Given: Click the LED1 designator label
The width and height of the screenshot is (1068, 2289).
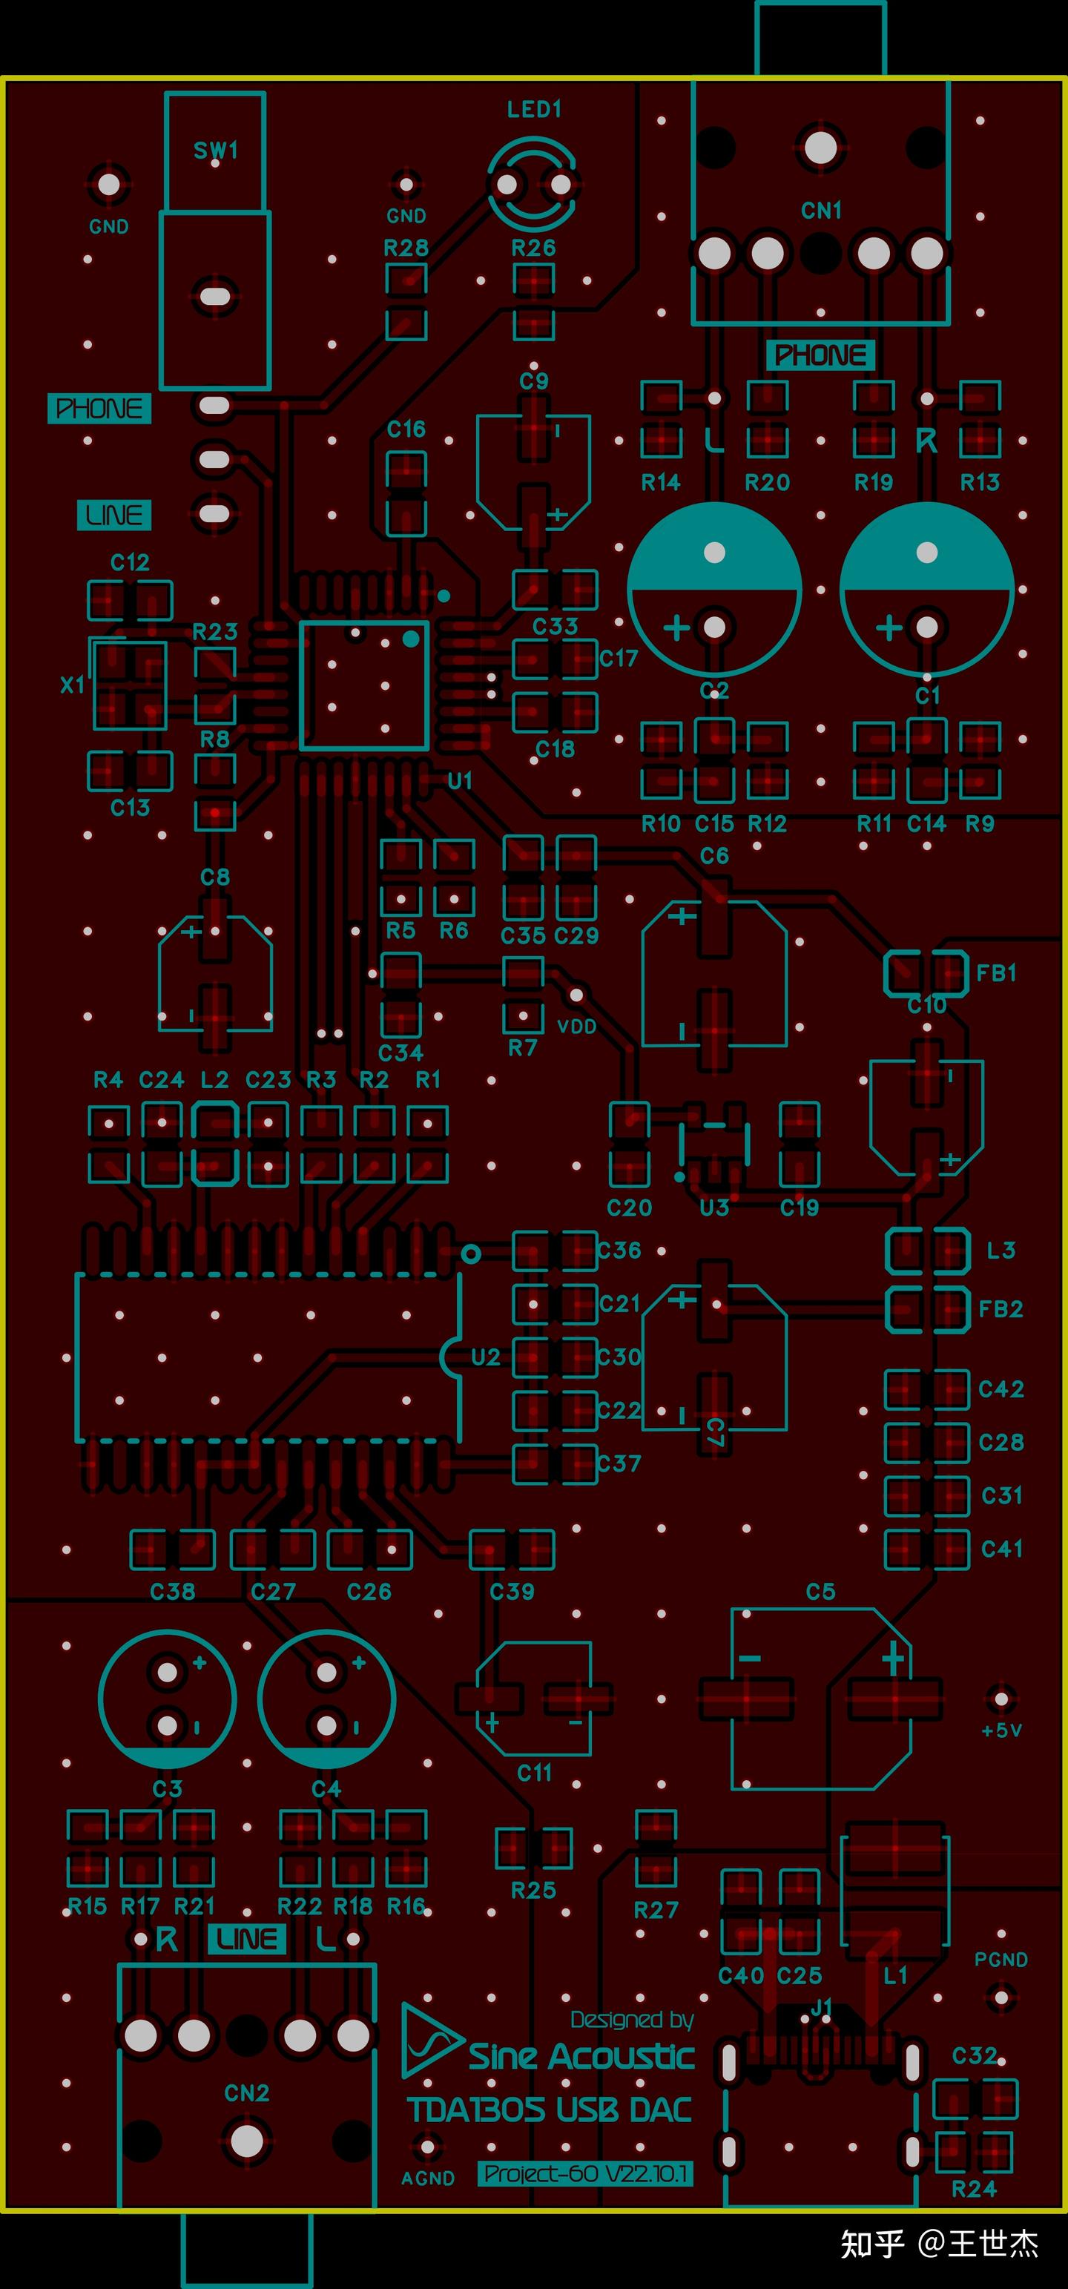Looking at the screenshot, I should pos(534,109).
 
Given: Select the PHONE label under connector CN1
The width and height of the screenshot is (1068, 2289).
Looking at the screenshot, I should pos(820,355).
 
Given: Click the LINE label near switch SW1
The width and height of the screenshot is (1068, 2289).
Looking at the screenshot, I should pos(113,516).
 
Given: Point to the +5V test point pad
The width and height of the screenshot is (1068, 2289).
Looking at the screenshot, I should pos(1001,1699).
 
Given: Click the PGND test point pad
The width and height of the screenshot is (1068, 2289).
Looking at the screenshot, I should pos(1001,1997).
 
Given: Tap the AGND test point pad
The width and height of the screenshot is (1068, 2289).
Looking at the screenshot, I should pos(427,2147).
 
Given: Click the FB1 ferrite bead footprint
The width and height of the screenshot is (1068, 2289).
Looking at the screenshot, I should pos(926,973).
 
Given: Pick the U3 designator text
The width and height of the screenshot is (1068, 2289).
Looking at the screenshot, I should pos(713,1208).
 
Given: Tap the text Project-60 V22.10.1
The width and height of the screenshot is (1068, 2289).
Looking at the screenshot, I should pos(585,2174).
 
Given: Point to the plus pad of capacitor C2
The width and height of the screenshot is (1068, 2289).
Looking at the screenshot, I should pos(714,628).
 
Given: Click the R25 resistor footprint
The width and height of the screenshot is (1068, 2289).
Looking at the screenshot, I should pos(533,1849).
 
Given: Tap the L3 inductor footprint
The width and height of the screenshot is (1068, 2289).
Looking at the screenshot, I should pos(927,1251).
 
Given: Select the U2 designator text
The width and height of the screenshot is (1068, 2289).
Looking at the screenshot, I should pos(486,1357).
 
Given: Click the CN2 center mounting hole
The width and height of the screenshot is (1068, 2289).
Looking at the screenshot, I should pos(247,2140).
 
